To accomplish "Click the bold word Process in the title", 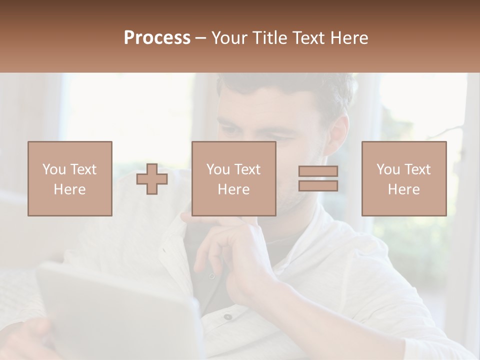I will (157, 38).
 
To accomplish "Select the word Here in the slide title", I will (348, 38).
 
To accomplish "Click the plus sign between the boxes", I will (152, 179).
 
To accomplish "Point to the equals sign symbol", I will (318, 178).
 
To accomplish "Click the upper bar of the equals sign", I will (318, 171).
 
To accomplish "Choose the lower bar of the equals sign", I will (318, 185).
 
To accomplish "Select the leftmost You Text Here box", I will (70, 178).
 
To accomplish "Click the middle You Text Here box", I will (234, 178).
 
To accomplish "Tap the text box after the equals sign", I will (404, 178).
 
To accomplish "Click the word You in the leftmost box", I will (54, 169).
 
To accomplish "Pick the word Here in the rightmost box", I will (404, 189).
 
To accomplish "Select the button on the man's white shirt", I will (228, 316).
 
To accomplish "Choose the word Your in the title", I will (229, 38).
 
